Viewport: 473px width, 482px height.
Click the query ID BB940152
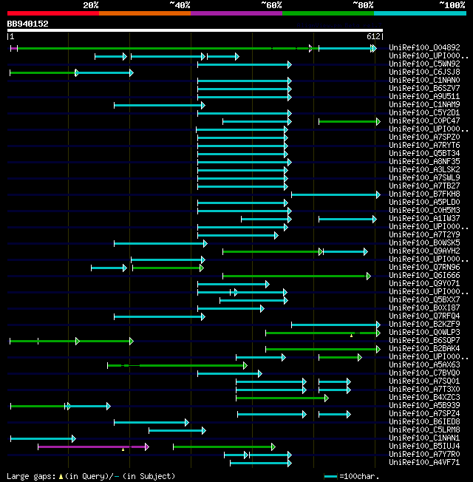coord(27,24)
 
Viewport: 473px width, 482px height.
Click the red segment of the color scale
coord(52,13)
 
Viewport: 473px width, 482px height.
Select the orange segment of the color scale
coord(144,13)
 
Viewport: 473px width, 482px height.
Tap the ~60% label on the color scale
coord(271,5)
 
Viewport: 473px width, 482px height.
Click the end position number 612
coord(373,36)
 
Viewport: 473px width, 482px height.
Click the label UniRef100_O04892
coord(424,48)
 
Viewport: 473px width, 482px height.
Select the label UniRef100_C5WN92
coord(424,64)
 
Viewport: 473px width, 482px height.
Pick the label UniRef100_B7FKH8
coord(424,194)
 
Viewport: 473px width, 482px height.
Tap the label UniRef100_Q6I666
coord(424,276)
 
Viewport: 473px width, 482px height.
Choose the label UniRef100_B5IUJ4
coord(424,447)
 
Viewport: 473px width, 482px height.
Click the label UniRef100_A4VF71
coord(424,463)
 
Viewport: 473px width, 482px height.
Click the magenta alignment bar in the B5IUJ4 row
coord(92,447)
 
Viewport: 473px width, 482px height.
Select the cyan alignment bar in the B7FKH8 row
coord(335,194)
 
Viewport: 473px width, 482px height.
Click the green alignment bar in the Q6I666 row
coord(296,276)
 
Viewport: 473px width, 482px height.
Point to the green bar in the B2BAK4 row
coord(322,349)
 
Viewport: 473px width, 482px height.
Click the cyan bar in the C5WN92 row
coord(244,64)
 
